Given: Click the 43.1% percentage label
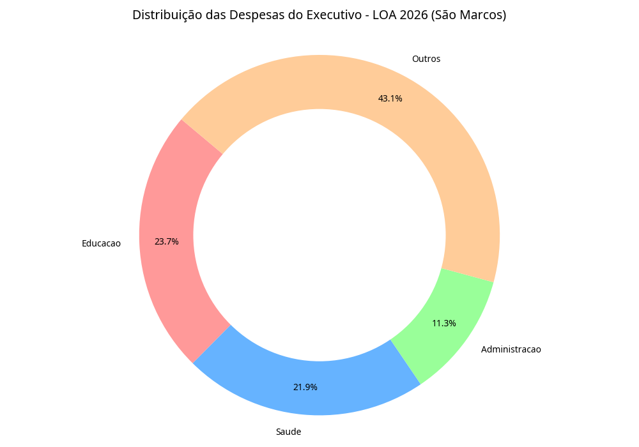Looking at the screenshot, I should tap(390, 98).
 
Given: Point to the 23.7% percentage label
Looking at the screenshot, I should tap(166, 241).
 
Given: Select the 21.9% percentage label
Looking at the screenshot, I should tap(305, 387).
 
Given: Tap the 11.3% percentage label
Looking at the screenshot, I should tap(443, 323).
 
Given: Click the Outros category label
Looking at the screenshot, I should tap(426, 59).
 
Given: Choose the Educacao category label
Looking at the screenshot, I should tap(101, 243).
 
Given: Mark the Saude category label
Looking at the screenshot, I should tap(288, 432).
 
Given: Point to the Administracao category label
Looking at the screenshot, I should tap(511, 349).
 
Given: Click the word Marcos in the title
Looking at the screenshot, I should tap(479, 15).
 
